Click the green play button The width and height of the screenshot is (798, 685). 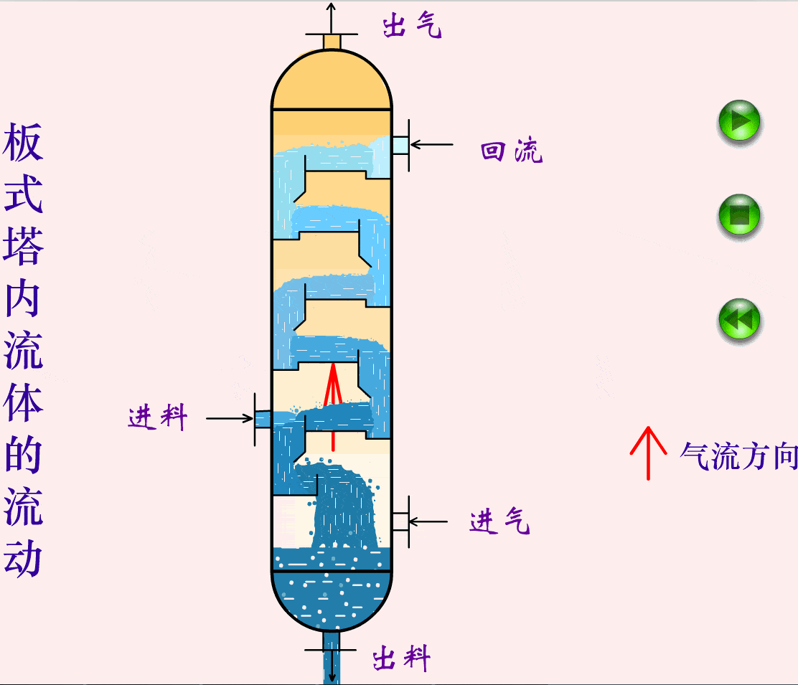tap(738, 121)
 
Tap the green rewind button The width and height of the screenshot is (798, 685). tap(738, 320)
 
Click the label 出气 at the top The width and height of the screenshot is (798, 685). tap(412, 27)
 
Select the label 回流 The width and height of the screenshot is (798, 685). tap(512, 151)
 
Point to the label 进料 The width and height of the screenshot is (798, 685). tap(158, 417)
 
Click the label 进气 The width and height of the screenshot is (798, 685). tap(500, 522)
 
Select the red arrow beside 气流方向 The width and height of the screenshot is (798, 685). tap(648, 453)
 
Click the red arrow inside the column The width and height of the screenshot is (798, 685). tap(332, 402)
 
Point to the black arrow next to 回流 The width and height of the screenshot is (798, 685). tap(431, 144)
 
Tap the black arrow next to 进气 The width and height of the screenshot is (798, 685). tap(428, 521)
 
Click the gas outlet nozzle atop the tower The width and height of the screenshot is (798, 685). tap(331, 42)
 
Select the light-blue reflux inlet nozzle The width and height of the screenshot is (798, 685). tap(400, 145)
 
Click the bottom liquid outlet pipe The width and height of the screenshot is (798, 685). tap(331, 656)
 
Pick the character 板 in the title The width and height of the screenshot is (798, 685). tap(24, 143)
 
